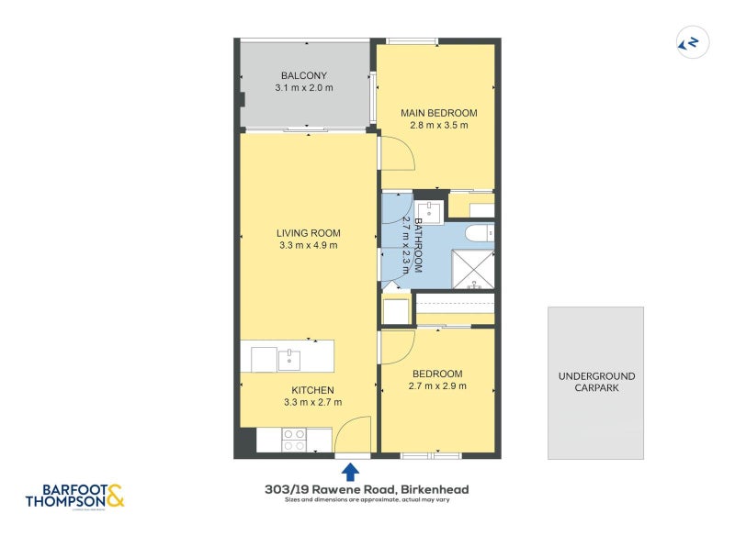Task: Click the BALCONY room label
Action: pos(303,75)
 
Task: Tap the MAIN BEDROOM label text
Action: pos(438,113)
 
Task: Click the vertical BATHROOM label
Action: pos(417,245)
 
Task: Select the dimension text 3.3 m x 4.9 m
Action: pos(309,246)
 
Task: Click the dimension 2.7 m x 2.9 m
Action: pos(437,386)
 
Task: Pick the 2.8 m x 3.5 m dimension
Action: pos(438,126)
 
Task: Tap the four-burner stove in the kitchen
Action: pos(294,440)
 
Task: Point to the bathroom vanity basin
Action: pos(428,212)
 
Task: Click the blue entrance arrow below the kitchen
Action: pos(350,472)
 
